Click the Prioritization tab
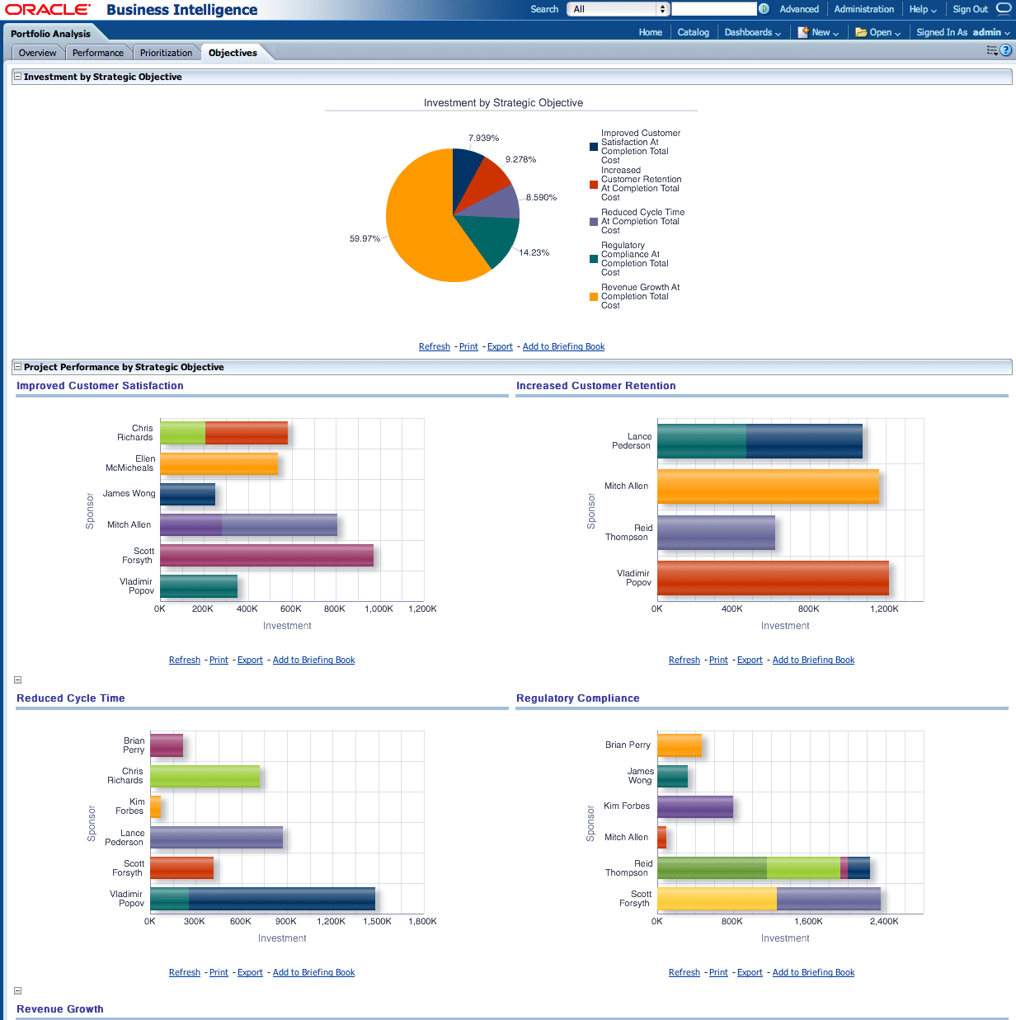(x=166, y=53)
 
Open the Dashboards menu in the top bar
(x=752, y=32)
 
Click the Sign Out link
(x=970, y=9)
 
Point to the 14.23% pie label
(x=534, y=252)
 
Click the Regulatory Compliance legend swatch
(x=594, y=259)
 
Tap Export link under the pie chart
(x=500, y=346)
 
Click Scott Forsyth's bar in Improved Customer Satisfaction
(x=266, y=555)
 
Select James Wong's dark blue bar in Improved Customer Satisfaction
(x=187, y=494)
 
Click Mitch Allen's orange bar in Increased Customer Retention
(x=767, y=486)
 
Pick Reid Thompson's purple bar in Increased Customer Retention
(x=716, y=533)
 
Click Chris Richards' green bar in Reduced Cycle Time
(x=205, y=776)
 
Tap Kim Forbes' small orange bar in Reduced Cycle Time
(x=155, y=806)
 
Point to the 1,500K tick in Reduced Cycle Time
(x=377, y=921)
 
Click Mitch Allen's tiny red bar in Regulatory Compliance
(x=661, y=837)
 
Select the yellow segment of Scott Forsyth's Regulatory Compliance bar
(x=716, y=899)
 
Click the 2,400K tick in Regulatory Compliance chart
(x=884, y=921)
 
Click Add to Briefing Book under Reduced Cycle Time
(x=313, y=972)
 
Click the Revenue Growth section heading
(x=60, y=1008)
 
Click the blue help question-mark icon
(x=1005, y=50)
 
